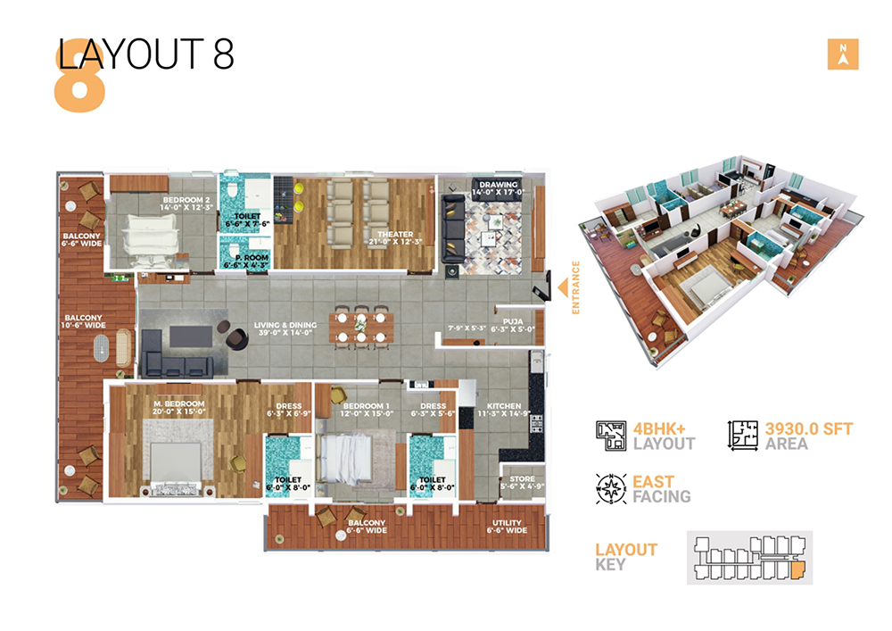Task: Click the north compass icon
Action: [x=842, y=54]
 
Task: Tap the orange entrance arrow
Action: [x=564, y=286]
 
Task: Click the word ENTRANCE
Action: [x=576, y=286]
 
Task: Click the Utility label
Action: [x=507, y=525]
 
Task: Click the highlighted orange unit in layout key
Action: [x=797, y=567]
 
